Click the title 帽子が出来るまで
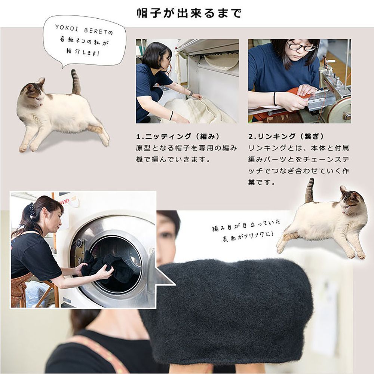tap(189, 13)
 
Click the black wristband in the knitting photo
tap(171, 115)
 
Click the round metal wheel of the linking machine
tap(338, 110)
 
